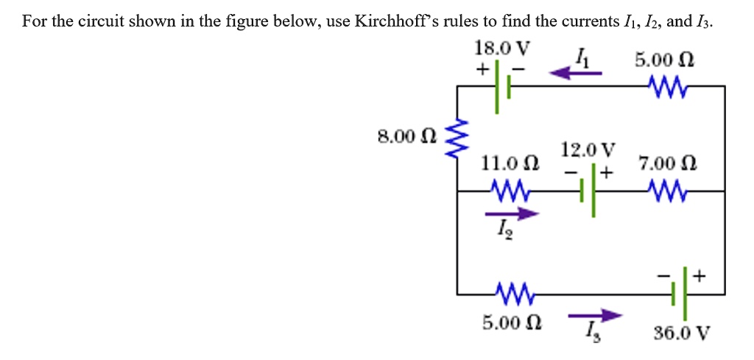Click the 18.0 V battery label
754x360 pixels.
(x=502, y=49)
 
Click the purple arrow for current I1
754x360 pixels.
(x=577, y=73)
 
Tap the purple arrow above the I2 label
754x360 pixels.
(x=512, y=214)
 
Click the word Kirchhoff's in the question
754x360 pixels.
(x=395, y=21)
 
